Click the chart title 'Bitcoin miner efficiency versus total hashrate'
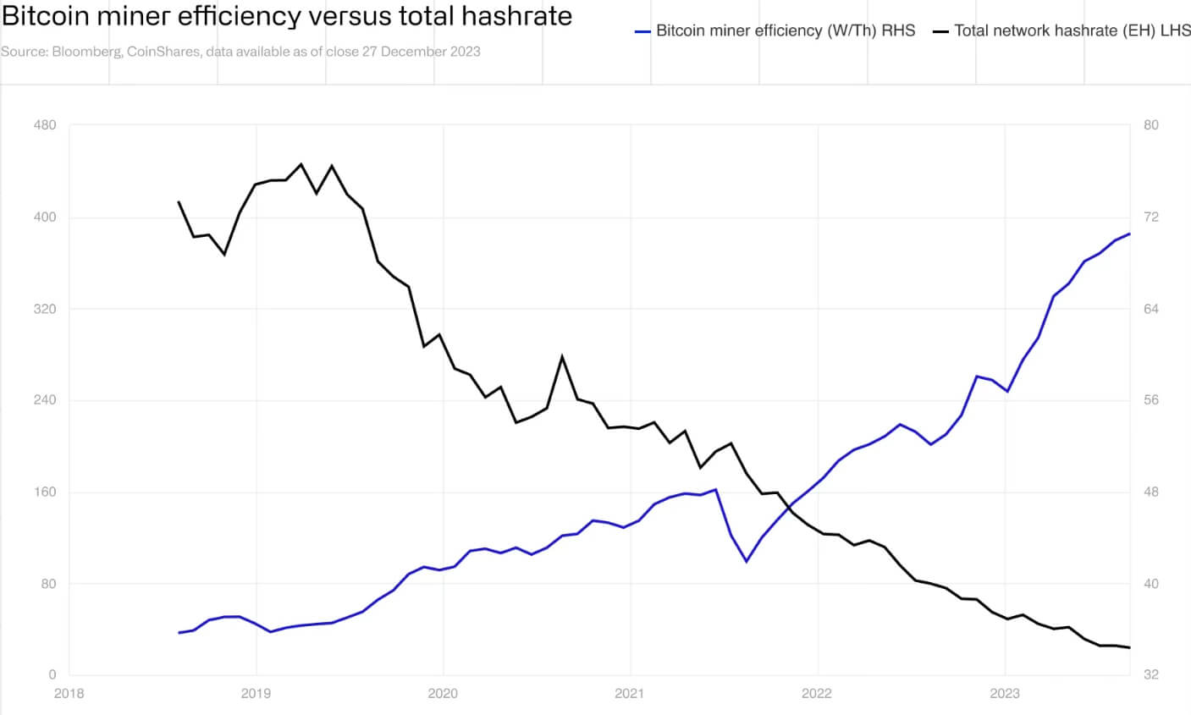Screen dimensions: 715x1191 tap(287, 16)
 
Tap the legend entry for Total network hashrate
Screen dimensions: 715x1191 tap(1061, 30)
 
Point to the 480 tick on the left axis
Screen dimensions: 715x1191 tap(45, 125)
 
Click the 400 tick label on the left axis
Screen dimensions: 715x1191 tap(45, 217)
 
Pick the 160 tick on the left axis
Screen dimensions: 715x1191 tap(45, 492)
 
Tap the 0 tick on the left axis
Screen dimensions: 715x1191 tap(52, 675)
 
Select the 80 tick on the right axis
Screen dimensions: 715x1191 tap(1150, 125)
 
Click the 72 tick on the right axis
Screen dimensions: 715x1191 tap(1150, 217)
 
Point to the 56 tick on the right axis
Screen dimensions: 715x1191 tap(1150, 400)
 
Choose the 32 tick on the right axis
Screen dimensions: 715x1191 tap(1150, 675)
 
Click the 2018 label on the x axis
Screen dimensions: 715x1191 tap(69, 694)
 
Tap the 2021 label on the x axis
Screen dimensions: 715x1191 tap(630, 694)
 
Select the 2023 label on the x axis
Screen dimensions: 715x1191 tap(1005, 694)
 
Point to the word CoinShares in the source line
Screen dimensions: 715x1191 tap(163, 52)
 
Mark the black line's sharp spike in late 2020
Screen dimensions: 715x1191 tap(562, 357)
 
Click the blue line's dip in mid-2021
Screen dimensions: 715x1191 tap(746, 561)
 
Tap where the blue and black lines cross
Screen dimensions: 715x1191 tap(789, 508)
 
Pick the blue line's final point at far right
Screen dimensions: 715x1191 tap(1129, 234)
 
